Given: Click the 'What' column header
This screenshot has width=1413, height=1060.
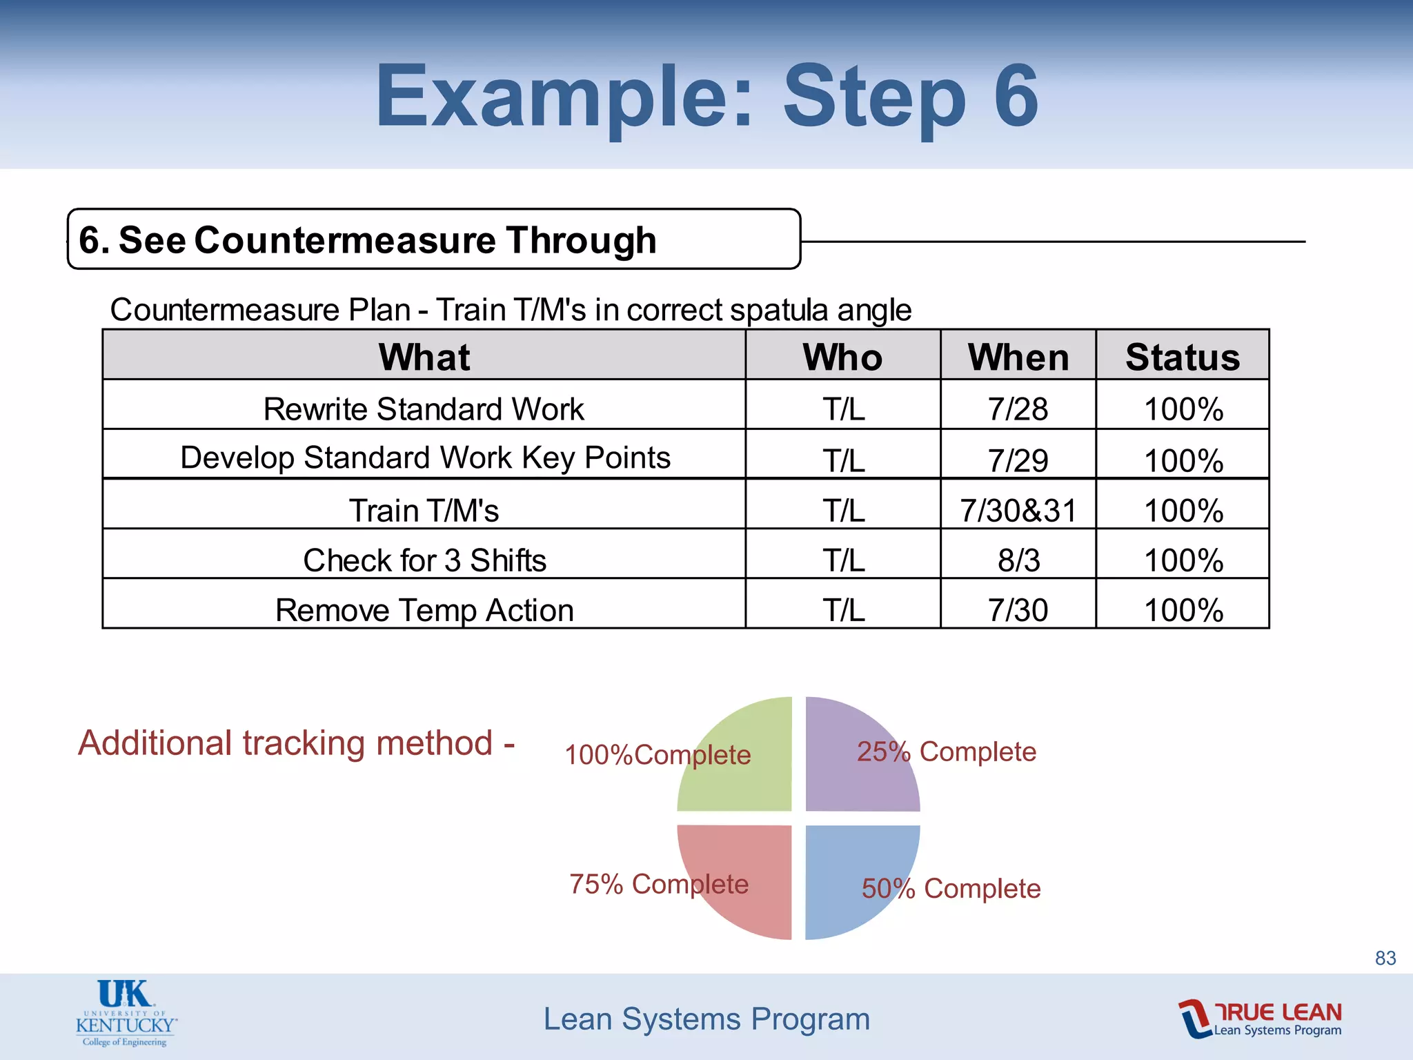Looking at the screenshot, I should pos(424,357).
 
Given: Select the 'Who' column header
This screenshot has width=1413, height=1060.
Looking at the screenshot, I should pos(842,357).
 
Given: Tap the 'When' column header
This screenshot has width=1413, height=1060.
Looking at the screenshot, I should pos(1018,357).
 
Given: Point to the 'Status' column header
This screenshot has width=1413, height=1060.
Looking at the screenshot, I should pos(1182,357).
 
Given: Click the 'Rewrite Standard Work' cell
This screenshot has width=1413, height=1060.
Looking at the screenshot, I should pos(424,409).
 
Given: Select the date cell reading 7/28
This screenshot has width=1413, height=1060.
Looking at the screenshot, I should pos(1018,409).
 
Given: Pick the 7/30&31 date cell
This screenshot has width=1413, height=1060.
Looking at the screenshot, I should pos(1018,511).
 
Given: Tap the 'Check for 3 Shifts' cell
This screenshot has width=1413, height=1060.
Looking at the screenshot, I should pos(424,560).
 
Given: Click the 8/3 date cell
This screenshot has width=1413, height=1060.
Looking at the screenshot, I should pos(1018,560).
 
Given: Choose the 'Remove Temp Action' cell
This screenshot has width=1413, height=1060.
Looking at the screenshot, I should pos(424,610).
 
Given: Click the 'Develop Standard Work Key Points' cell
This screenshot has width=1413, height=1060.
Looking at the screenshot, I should pos(424,458).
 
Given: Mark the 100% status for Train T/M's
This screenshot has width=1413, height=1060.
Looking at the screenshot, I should pos(1183,511).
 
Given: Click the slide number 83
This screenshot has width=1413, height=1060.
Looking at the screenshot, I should pos(1385,958).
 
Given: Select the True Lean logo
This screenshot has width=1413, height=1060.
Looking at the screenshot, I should pos(1261,1019).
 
